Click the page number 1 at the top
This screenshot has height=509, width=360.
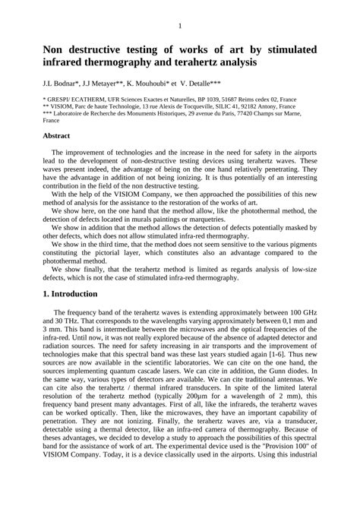click(x=180, y=27)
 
